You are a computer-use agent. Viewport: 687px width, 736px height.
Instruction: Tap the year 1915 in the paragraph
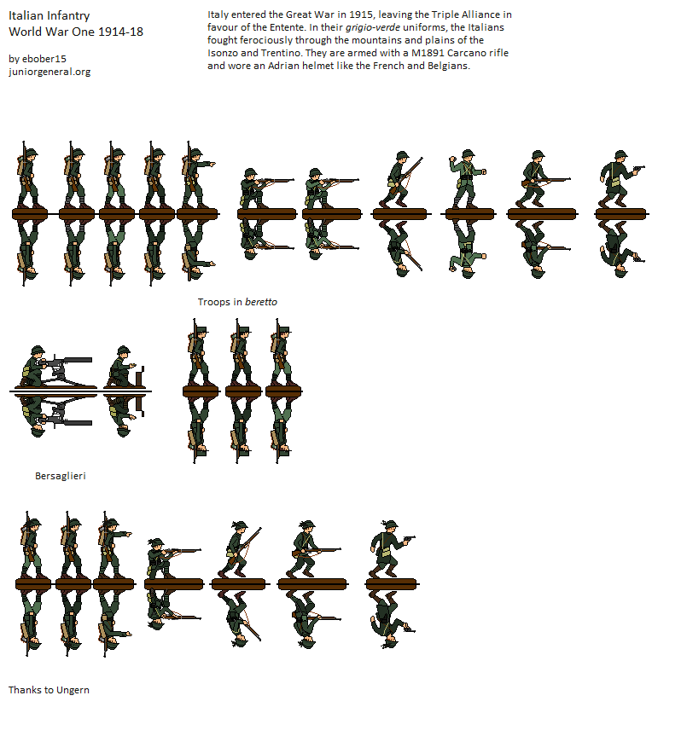361,14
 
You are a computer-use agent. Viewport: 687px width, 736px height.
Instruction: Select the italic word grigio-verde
373,27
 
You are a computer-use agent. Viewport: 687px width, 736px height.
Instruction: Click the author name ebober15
44,59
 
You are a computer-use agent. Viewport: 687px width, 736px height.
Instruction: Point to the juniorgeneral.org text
49,72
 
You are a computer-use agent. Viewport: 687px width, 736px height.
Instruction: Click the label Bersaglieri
61,476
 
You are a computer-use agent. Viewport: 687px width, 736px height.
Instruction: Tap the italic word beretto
261,302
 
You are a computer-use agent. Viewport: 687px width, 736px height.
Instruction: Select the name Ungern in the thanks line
73,690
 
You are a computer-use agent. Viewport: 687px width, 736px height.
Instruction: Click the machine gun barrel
75,360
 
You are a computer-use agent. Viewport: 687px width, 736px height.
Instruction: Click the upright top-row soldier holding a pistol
620,179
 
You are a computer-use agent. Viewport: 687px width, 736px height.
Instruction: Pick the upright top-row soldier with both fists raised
467,179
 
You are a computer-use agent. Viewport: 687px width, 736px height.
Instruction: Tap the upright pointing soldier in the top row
197,175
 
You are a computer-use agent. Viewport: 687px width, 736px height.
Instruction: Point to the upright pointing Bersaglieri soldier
114,546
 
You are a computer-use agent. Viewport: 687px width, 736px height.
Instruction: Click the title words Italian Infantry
49,15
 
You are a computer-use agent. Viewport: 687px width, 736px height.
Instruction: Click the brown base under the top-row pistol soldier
620,214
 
